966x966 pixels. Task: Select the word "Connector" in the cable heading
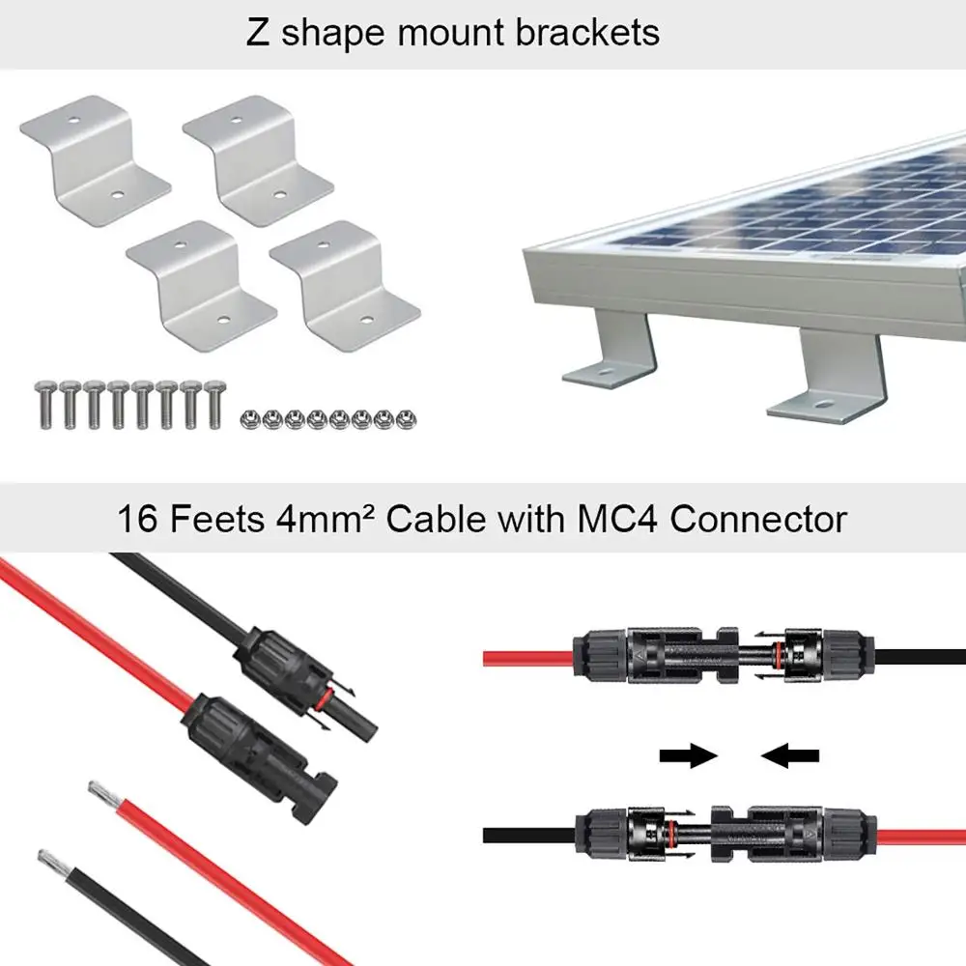pyautogui.click(x=758, y=519)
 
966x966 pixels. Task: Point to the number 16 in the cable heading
pyautogui.click(x=139, y=519)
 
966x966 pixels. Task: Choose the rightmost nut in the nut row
pyautogui.click(x=407, y=419)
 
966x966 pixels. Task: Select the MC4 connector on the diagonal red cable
pyautogui.click(x=261, y=744)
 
